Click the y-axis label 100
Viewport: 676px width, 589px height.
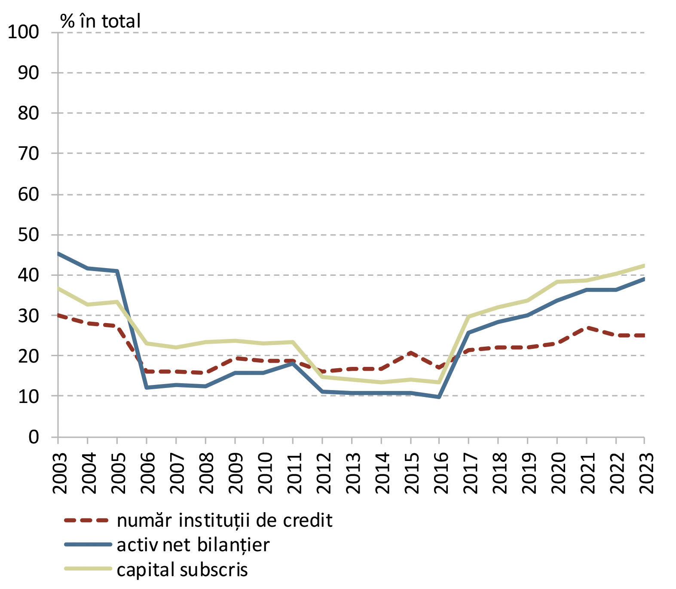(x=23, y=32)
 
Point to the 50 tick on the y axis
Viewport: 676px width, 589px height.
(x=28, y=235)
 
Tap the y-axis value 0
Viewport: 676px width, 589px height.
(x=34, y=437)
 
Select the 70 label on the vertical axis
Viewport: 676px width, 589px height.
(x=28, y=153)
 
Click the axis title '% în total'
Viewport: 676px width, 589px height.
(x=100, y=21)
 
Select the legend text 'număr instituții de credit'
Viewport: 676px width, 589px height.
(x=224, y=520)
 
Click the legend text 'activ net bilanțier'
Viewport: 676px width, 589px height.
(x=193, y=545)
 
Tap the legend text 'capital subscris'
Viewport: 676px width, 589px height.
(x=182, y=570)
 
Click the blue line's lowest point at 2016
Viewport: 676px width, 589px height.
(x=439, y=397)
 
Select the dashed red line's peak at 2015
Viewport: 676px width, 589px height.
(x=410, y=353)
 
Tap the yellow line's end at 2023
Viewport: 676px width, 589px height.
(x=644, y=266)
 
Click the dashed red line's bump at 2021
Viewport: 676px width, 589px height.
(x=587, y=328)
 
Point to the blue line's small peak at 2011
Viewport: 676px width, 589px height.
(x=293, y=363)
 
